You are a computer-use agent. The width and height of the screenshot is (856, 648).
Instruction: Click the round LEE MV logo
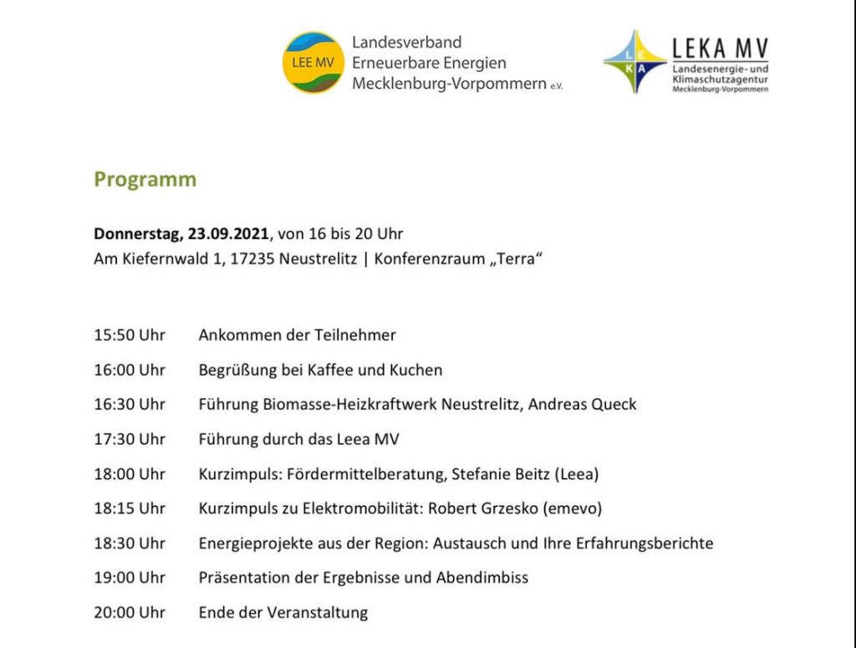pos(313,63)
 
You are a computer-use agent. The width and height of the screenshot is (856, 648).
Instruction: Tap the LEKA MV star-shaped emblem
pos(634,62)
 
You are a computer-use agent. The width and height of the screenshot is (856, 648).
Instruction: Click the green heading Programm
pos(145,180)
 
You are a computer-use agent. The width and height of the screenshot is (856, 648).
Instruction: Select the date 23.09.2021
pos(229,234)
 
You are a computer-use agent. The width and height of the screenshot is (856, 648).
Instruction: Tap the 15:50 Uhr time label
pos(130,335)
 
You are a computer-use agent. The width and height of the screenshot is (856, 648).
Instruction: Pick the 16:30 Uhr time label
pos(130,405)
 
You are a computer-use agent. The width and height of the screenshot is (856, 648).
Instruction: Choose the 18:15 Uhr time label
pos(130,508)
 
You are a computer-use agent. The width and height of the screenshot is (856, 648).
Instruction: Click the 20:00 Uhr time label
pos(130,613)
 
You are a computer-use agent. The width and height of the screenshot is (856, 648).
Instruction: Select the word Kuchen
pos(415,370)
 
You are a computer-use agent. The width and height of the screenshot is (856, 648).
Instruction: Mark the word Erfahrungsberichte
pos(645,543)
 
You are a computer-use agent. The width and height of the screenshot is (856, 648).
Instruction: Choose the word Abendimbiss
pos(482,578)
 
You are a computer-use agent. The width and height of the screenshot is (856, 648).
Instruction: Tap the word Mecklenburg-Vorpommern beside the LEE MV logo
pos(448,84)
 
